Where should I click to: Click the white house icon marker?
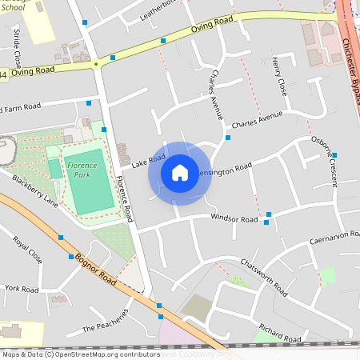pyautogui.click(x=180, y=172)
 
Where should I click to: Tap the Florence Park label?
pyautogui.click(x=82, y=169)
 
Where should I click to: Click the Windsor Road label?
pyautogui.click(x=234, y=218)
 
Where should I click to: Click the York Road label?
pyautogui.click(x=22, y=288)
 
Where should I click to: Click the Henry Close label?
pyautogui.click(x=279, y=77)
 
